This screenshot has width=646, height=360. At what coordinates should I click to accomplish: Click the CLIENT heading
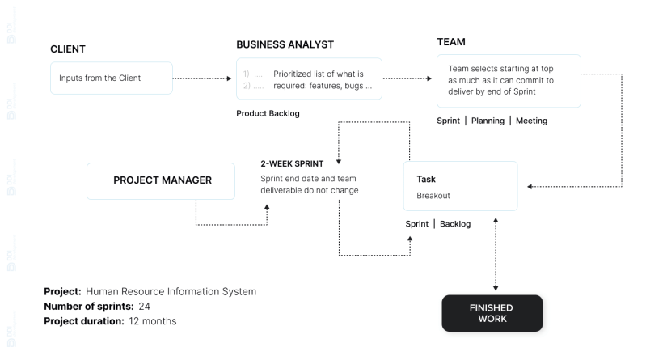[68, 49]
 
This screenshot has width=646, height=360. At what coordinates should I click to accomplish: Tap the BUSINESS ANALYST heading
[285, 44]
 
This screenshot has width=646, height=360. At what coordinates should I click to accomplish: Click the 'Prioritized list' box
[309, 79]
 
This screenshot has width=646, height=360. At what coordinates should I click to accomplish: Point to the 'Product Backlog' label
[268, 113]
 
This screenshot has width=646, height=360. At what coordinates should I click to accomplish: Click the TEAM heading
[451, 42]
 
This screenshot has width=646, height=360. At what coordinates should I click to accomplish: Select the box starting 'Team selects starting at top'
[509, 80]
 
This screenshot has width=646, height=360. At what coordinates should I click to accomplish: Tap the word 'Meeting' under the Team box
[531, 121]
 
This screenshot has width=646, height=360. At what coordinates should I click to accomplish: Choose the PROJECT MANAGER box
[162, 180]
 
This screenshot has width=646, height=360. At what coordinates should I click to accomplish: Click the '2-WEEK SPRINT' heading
[292, 163]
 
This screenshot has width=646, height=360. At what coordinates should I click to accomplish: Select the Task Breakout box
[460, 186]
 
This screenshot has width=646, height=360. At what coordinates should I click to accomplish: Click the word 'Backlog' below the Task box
[455, 223]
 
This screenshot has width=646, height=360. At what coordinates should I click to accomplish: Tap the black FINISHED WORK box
[492, 313]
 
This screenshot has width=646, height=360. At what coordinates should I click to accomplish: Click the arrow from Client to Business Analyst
[202, 78]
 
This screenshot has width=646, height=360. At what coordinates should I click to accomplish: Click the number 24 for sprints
[145, 306]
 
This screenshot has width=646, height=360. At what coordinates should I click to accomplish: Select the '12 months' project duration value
[151, 321]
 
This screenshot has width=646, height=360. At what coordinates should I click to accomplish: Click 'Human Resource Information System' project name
[171, 291]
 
